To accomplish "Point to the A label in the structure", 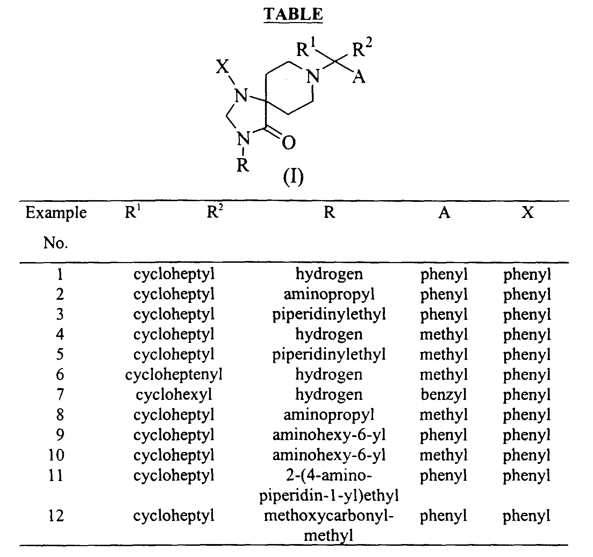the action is [x=359, y=77].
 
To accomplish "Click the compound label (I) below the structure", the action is [x=293, y=177].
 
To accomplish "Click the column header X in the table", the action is [x=528, y=212].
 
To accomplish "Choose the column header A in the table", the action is [x=444, y=212].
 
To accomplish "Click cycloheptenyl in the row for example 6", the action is [x=174, y=375].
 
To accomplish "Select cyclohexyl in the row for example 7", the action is [x=174, y=395].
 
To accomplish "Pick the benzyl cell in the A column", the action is [x=444, y=395].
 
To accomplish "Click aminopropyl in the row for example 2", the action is [x=329, y=295].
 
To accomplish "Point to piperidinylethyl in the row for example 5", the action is [x=329, y=355].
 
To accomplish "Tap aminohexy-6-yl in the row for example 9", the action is [x=329, y=435].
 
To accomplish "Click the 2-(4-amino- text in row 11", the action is [x=329, y=476].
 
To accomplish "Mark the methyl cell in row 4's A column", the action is [x=444, y=334].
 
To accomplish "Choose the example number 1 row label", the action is [x=59, y=274].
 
